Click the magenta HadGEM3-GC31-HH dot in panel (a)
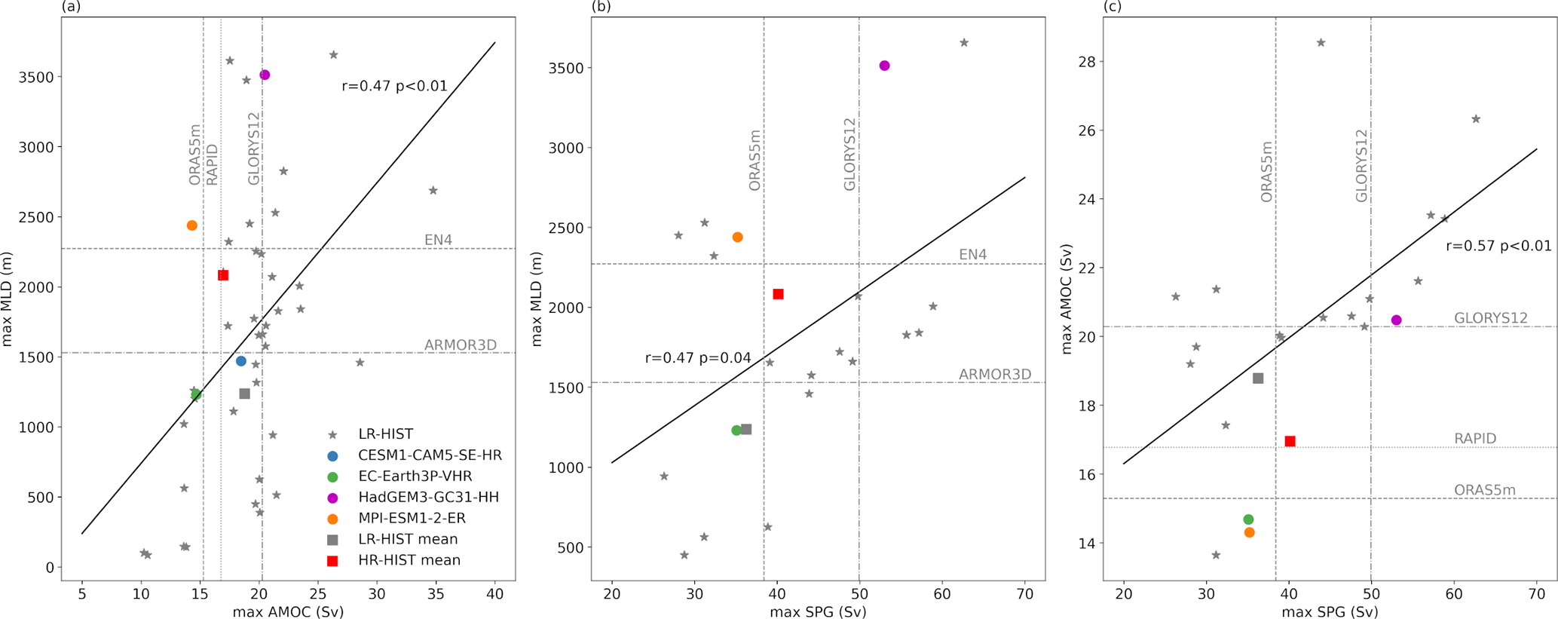[265, 75]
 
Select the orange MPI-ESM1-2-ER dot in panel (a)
[192, 225]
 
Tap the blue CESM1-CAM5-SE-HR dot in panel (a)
[241, 361]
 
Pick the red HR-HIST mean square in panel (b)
[779, 294]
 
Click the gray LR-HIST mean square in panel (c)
[1258, 378]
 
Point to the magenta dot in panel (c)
[1396, 320]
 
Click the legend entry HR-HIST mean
[409, 561]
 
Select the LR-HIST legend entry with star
[385, 434]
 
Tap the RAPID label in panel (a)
[213, 164]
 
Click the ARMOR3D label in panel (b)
[995, 375]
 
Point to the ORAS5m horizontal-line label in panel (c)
[1485, 490]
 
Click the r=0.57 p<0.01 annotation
[1498, 246]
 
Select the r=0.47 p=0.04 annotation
[698, 358]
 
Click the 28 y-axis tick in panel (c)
[1087, 61]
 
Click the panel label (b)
[601, 7]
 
